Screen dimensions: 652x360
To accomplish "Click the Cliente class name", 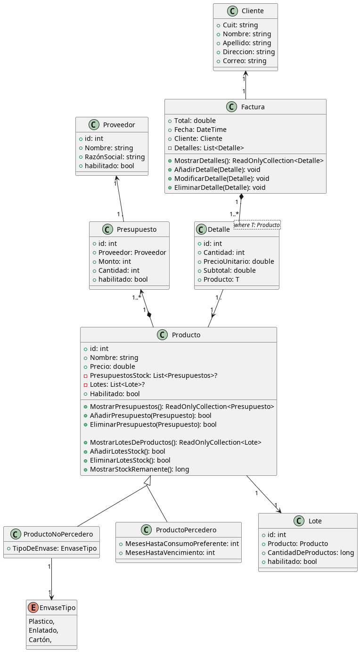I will coord(253,11).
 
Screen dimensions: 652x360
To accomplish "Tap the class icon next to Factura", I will coord(231,107).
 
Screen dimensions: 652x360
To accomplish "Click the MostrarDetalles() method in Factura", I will coord(249,161).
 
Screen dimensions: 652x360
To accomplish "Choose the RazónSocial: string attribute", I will coord(115,157).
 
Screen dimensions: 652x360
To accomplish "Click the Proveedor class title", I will coord(119,125).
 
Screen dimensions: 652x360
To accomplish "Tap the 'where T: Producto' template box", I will coord(257,225).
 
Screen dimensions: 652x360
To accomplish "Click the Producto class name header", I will coord(186,335).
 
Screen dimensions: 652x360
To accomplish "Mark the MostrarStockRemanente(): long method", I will coord(139,469).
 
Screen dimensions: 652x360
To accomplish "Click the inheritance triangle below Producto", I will coord(148,481).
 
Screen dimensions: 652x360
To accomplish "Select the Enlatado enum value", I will coord(43,630).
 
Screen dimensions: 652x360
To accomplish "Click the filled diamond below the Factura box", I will coord(241,196).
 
